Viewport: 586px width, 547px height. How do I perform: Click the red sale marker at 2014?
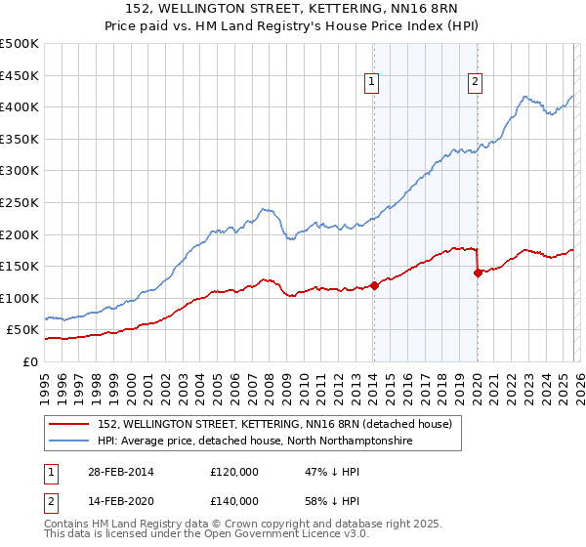(374, 285)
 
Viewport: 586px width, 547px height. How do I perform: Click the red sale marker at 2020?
(478, 273)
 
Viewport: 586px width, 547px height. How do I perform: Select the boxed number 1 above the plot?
(373, 83)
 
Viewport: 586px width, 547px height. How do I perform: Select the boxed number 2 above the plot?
(476, 83)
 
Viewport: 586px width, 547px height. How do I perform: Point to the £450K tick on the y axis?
(20, 75)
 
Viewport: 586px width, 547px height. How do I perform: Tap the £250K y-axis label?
(20, 202)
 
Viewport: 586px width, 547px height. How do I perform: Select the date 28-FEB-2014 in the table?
(118, 471)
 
